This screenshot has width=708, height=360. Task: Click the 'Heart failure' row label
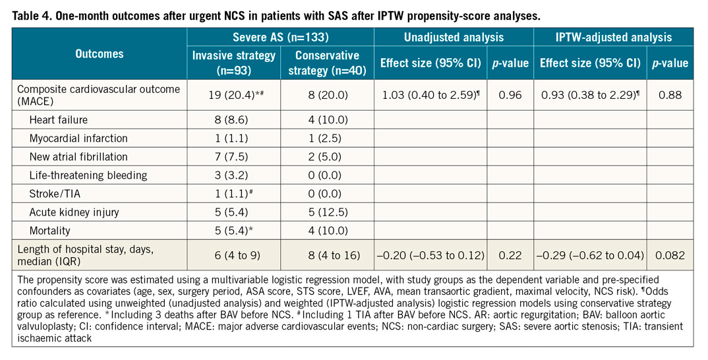[x=59, y=121]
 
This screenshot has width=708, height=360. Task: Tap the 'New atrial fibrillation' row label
[x=78, y=157]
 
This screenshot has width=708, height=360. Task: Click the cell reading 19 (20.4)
[x=231, y=96]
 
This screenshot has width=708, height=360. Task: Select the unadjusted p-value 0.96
[x=511, y=96]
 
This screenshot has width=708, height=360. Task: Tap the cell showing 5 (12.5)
[x=326, y=212]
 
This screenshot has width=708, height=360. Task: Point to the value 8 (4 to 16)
[x=326, y=255]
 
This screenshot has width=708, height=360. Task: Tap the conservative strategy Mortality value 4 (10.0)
[x=326, y=231]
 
